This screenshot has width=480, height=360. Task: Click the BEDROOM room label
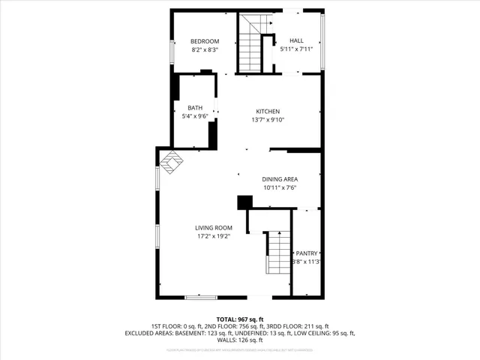pos(204,41)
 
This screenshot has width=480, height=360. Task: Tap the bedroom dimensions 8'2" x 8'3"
pos(204,49)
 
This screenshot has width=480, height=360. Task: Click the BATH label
pos(195,108)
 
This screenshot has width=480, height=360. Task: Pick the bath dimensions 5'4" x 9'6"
pos(195,116)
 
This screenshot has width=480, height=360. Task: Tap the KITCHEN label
pos(268,111)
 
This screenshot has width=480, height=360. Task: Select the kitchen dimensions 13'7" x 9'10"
pos(268,119)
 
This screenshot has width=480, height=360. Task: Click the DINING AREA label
pos(280,179)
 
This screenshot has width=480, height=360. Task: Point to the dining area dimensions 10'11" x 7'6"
pos(280,187)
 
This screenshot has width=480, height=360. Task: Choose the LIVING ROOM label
pos(214,228)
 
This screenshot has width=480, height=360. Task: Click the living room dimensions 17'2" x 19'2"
pos(214,236)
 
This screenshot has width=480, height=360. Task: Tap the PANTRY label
pos(307,253)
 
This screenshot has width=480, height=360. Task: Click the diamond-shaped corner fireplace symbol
pos(171,162)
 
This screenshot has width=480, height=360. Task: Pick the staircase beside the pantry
pos(277,253)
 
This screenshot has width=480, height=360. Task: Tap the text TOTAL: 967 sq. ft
pos(240,319)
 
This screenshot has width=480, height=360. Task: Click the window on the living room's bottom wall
pos(200,298)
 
